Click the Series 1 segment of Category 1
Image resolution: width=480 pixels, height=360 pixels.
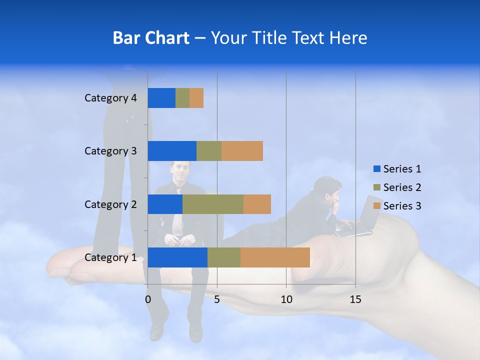tap(177, 257)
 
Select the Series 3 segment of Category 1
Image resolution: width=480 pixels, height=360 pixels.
tap(275, 257)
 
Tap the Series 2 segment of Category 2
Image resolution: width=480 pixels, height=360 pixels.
tap(213, 204)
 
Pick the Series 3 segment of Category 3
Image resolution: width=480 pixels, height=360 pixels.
tap(242, 151)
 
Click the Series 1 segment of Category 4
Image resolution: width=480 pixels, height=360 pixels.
tap(161, 98)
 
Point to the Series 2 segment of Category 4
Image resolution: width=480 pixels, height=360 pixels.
tap(182, 98)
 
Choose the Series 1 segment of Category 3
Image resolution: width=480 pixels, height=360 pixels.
tap(172, 151)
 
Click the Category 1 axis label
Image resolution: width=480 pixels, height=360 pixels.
tap(110, 257)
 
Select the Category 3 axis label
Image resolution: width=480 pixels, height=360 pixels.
tap(110, 151)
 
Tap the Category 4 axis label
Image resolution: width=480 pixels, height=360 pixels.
tap(110, 98)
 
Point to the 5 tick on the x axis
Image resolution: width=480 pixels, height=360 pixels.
tap(217, 299)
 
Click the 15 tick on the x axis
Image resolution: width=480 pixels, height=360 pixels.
tap(355, 299)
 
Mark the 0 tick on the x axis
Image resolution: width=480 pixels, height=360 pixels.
tap(148, 299)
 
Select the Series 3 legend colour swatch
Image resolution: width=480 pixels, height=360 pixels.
tap(377, 206)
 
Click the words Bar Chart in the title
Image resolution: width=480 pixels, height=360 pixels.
tap(151, 38)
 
